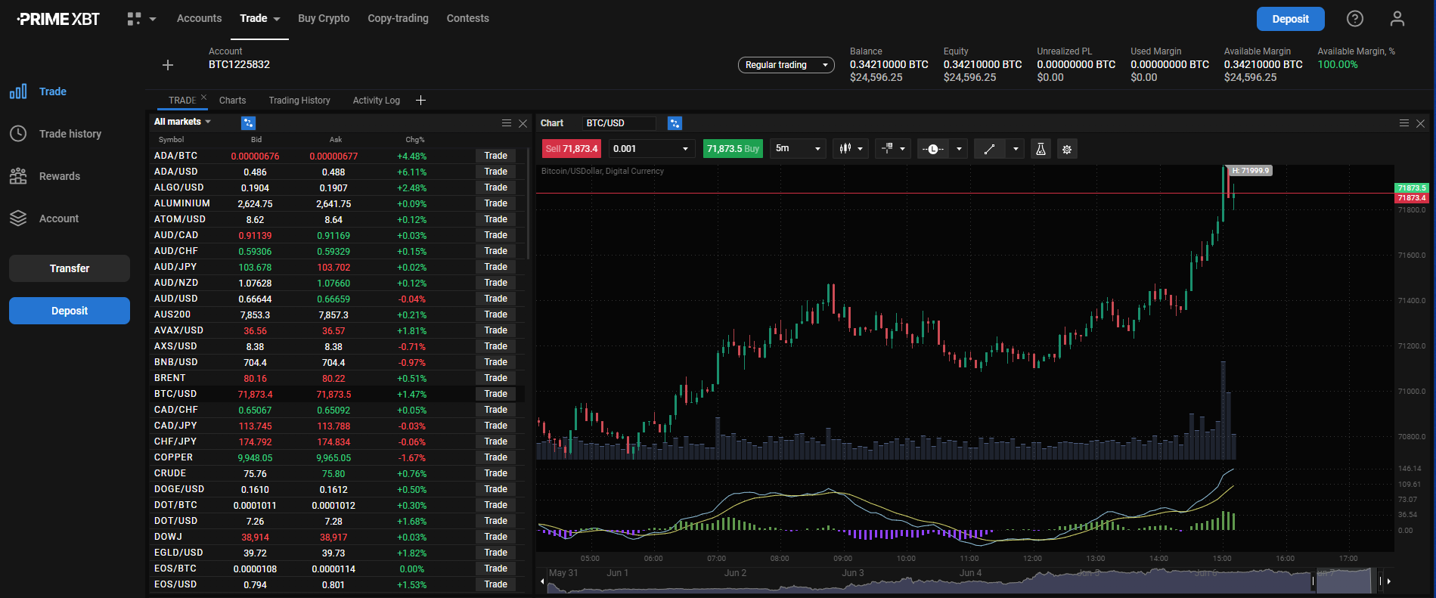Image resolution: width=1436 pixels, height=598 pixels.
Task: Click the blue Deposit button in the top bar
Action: pyautogui.click(x=1290, y=19)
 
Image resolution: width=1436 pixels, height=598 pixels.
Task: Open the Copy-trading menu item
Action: pyautogui.click(x=398, y=18)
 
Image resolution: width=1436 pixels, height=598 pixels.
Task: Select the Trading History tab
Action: pyautogui.click(x=299, y=101)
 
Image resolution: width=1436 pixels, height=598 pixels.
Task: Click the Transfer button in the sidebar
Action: pyautogui.click(x=70, y=268)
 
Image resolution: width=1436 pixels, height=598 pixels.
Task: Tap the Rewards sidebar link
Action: pyautogui.click(x=59, y=176)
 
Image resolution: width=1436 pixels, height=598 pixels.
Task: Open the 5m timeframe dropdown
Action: pyautogui.click(x=798, y=149)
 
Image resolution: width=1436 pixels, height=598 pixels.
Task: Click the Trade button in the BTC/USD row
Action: pyautogui.click(x=495, y=394)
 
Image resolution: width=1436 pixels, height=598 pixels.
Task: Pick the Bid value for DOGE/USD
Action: pyautogui.click(x=256, y=490)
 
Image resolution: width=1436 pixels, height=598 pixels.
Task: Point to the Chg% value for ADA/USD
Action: pyautogui.click(x=412, y=172)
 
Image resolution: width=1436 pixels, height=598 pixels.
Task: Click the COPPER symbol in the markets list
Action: pyautogui.click(x=173, y=457)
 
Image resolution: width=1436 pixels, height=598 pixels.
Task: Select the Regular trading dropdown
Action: pyautogui.click(x=786, y=65)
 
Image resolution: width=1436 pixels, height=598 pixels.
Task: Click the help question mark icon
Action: pyautogui.click(x=1355, y=19)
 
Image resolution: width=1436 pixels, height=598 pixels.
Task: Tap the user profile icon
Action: pyautogui.click(x=1397, y=19)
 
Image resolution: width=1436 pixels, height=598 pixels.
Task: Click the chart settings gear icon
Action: pyautogui.click(x=1067, y=149)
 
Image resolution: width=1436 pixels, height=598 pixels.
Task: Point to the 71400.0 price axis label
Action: pyautogui.click(x=1411, y=301)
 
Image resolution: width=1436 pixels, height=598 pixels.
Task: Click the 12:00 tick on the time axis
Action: pyautogui.click(x=1032, y=559)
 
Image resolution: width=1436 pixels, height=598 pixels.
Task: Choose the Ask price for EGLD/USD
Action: pyautogui.click(x=333, y=553)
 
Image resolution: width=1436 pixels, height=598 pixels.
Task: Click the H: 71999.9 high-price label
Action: pyautogui.click(x=1250, y=171)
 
